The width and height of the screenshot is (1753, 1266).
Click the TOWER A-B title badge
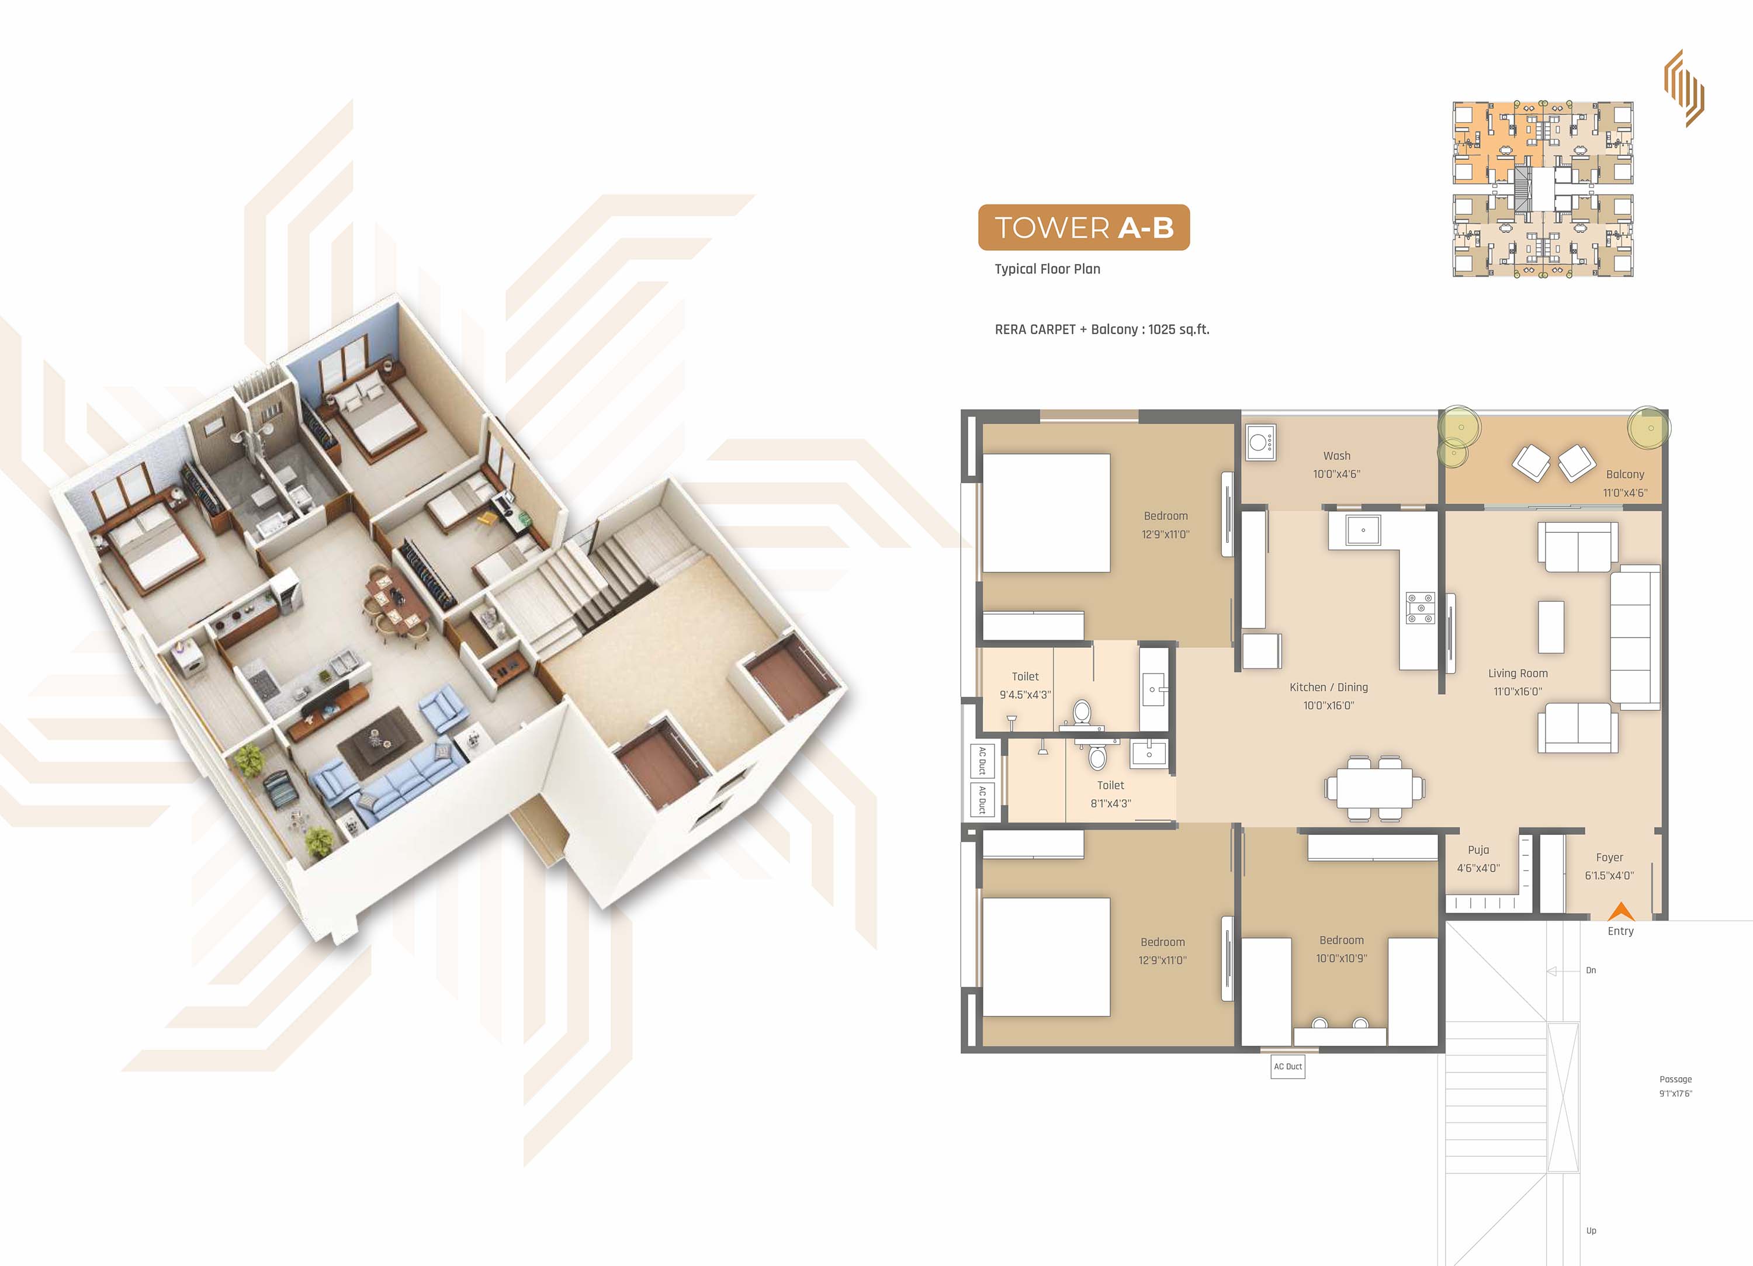[1083, 227]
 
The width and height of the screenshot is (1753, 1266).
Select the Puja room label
[1478, 849]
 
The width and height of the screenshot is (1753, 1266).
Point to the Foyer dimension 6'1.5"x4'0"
[1609, 876]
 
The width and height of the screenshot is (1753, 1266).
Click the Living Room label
[1518, 673]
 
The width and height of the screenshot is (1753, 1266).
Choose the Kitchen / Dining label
[1329, 687]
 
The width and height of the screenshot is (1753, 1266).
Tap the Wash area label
[1336, 456]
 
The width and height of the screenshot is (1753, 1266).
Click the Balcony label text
[1624, 474]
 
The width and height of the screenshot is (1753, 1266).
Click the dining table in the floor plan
[1374, 788]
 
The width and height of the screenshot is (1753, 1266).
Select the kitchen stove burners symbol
[1421, 608]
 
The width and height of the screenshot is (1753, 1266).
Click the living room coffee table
[1551, 627]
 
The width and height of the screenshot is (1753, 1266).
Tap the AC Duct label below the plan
[1288, 1067]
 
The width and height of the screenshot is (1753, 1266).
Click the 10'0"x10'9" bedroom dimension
[1342, 958]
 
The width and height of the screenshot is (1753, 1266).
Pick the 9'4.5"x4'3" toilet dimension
[1025, 695]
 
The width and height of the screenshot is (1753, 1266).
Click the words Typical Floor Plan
[1047, 269]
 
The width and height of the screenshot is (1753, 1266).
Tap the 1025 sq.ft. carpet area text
[1179, 329]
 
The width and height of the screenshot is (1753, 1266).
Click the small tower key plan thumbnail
[1543, 189]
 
